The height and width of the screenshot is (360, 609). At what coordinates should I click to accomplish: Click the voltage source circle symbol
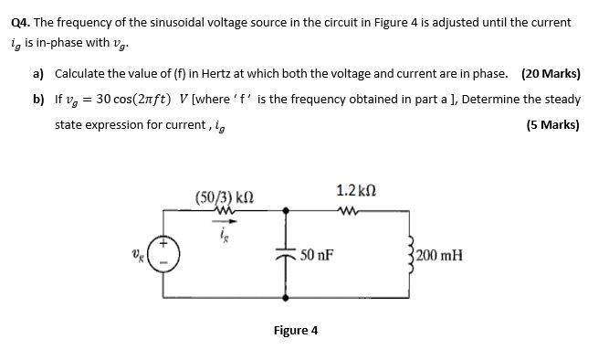pyautogui.click(x=164, y=256)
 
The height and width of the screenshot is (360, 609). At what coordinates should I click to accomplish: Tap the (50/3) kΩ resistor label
pyautogui.click(x=225, y=196)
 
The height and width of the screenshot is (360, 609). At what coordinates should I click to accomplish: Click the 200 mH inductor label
pyautogui.click(x=440, y=255)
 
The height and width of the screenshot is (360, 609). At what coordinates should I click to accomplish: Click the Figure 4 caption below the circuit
pyautogui.click(x=296, y=330)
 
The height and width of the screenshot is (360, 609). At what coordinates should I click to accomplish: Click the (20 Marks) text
pyautogui.click(x=550, y=74)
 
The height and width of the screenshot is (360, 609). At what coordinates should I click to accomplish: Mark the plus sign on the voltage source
pyautogui.click(x=164, y=246)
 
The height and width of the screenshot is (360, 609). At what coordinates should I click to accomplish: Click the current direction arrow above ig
pyautogui.click(x=225, y=220)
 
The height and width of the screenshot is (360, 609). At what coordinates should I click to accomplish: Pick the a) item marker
pyautogui.click(x=39, y=74)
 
